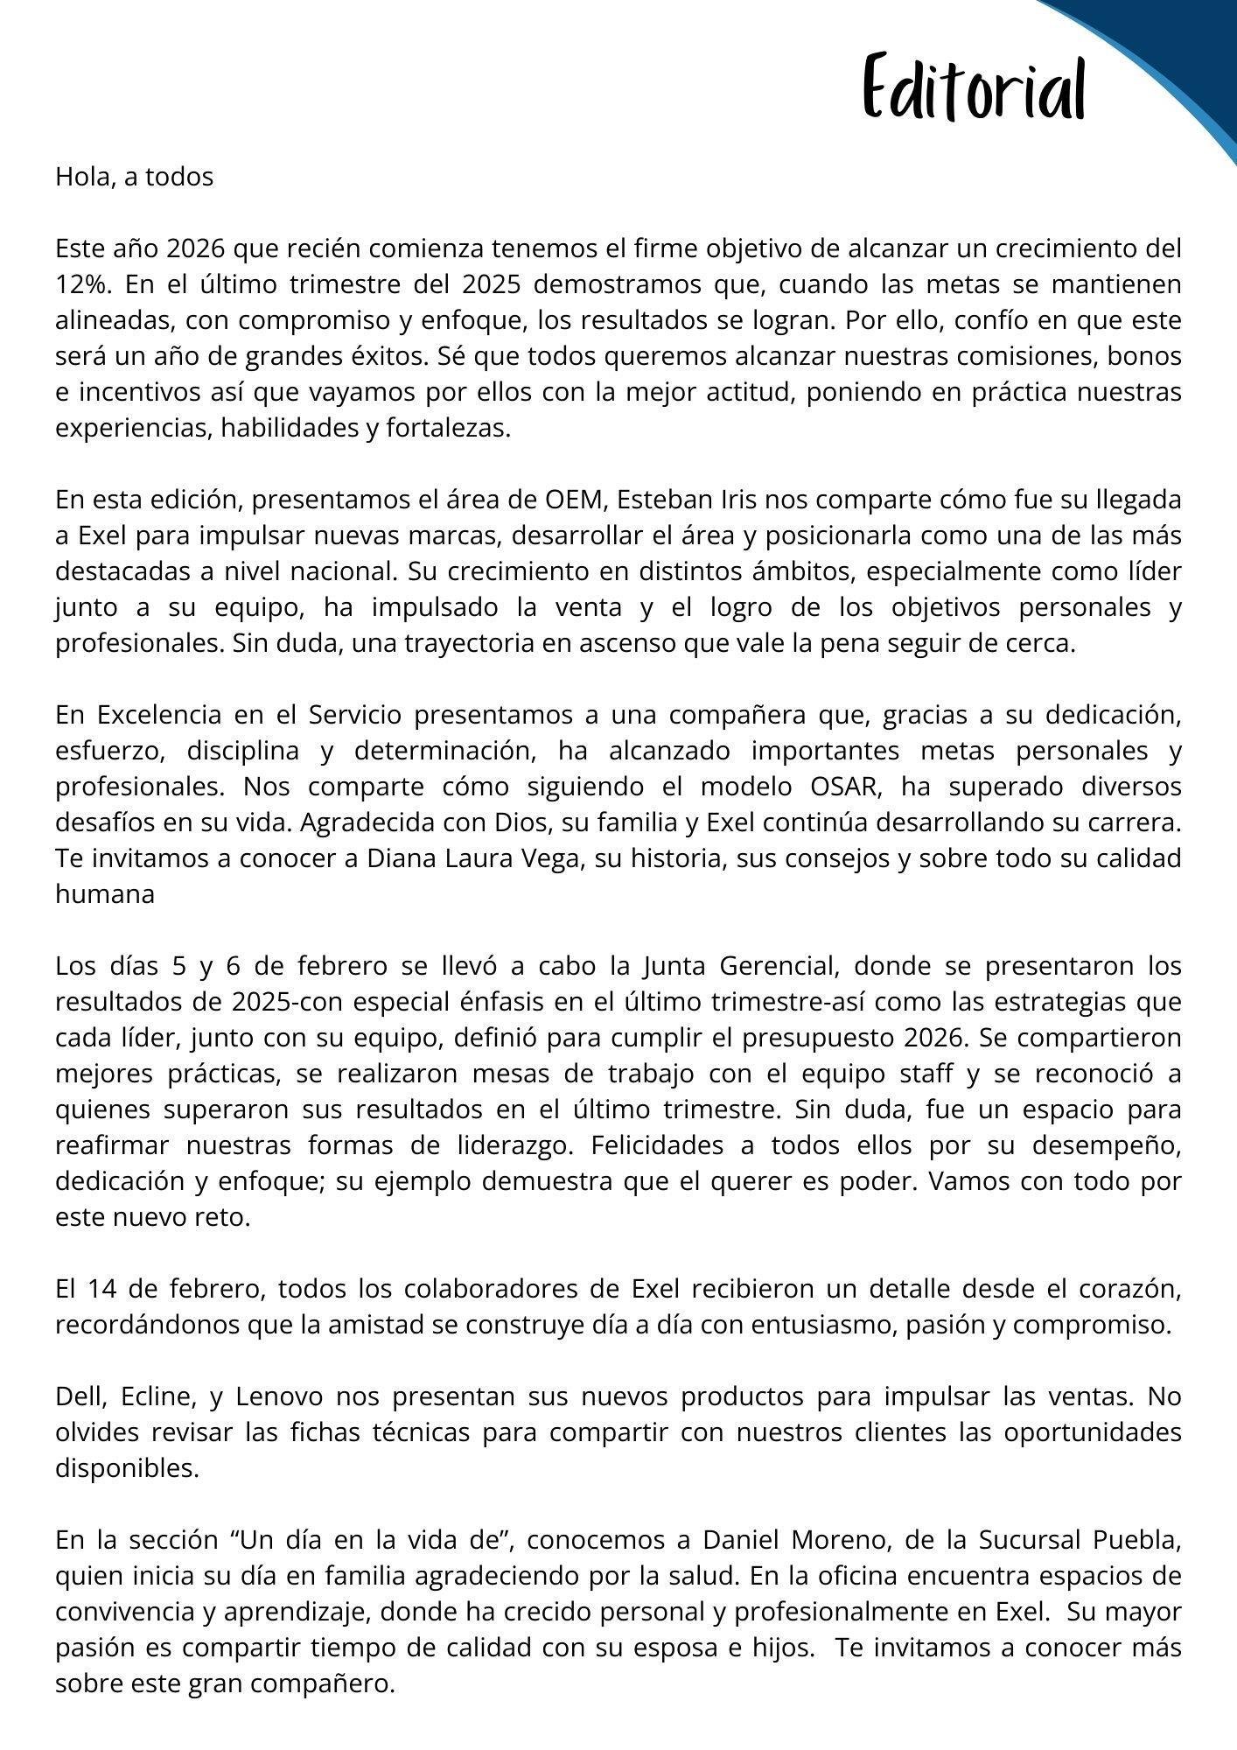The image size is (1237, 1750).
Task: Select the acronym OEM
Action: tap(573, 500)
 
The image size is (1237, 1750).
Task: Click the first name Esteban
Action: tap(656, 500)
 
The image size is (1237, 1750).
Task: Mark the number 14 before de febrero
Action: tap(101, 1289)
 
